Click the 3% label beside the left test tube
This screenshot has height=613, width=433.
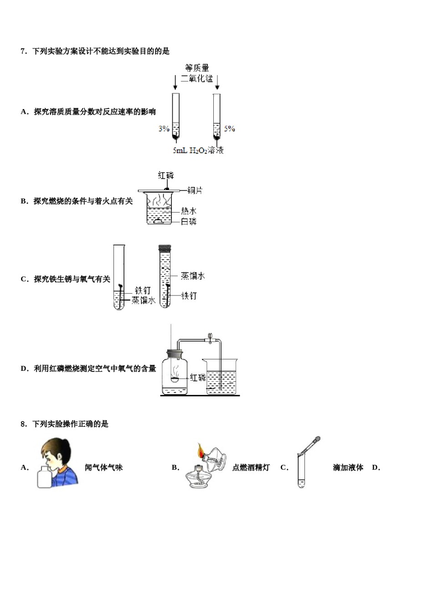pos(164,129)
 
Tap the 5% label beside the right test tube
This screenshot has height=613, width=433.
pos(230,129)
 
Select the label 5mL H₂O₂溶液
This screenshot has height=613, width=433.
pos(198,150)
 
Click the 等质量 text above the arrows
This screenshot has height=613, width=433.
pos(197,68)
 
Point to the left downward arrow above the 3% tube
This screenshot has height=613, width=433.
pos(175,82)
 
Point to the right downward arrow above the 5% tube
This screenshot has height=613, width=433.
pos(217,82)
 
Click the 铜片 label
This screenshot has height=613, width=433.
pos(195,190)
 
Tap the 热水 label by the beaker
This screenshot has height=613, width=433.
pos(189,211)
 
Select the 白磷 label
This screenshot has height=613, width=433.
pos(189,222)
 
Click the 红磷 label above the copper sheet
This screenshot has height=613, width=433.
pos(166,175)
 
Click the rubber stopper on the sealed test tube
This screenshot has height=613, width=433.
pos(164,248)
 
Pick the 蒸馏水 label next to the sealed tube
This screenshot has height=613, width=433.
pos(192,275)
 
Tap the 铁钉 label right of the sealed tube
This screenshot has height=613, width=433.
pos(189,296)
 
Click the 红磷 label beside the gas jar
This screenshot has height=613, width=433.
pos(198,378)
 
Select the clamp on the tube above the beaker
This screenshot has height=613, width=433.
pos(210,338)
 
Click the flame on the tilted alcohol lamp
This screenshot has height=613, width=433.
pos(200,451)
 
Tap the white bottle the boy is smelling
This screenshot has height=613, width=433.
pos(44,477)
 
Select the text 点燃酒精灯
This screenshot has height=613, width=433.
pos(251,468)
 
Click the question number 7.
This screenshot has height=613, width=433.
pos(24,51)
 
